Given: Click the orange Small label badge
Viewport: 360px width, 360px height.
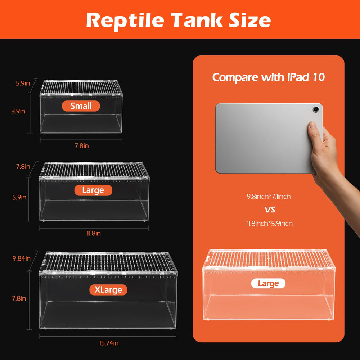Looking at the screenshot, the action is [81, 106].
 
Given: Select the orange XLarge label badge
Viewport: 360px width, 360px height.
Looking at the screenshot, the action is [108, 290].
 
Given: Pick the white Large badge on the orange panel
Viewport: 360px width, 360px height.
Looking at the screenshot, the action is [268, 284].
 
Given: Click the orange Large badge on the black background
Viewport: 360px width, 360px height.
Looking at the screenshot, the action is [93, 190].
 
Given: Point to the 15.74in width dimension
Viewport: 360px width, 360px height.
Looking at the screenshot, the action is [109, 343].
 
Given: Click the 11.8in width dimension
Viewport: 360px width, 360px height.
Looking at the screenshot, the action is [94, 234].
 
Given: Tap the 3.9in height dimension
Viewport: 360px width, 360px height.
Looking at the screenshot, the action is [18, 111].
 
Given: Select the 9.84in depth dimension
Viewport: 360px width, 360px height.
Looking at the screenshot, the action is [21, 258].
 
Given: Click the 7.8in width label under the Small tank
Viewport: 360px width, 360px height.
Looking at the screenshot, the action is [82, 146].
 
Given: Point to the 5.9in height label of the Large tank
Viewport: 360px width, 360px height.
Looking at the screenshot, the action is [19, 197].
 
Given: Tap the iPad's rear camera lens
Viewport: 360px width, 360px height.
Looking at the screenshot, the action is [316, 109].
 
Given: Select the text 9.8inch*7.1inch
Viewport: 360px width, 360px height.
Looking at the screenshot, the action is [269, 197].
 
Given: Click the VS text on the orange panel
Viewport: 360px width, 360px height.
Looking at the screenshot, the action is [270, 210].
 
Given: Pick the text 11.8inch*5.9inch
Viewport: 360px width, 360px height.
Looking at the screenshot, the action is [270, 224].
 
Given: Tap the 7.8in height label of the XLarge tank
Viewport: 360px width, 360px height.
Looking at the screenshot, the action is [19, 298].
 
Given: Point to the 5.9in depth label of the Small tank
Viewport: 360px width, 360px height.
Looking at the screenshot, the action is [23, 83].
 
